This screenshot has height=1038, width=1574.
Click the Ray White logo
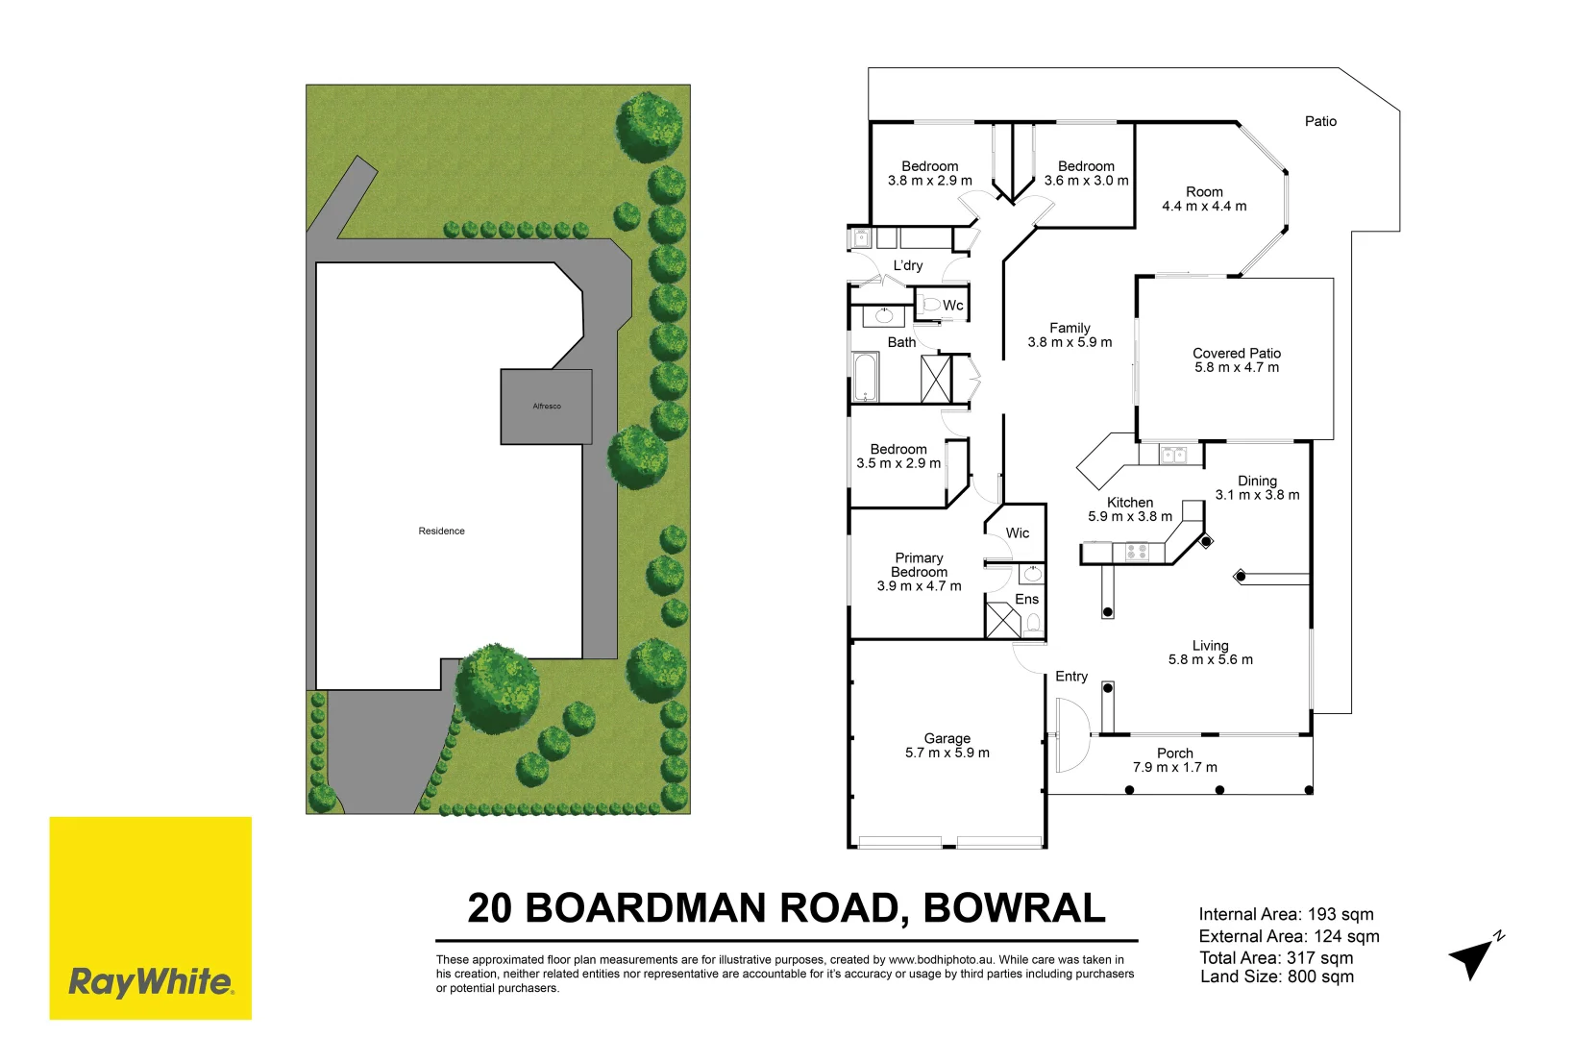tap(150, 981)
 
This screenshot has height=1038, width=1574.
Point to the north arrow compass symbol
tap(1472, 956)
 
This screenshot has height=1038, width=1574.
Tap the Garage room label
tap(947, 738)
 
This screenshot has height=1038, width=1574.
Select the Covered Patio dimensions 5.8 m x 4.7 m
tap(1237, 368)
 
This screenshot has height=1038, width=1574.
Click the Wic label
tap(1017, 533)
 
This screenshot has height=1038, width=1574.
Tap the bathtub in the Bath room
tap(865, 378)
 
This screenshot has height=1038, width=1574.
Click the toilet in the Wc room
tap(930, 306)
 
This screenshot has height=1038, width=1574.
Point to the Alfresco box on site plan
tap(546, 407)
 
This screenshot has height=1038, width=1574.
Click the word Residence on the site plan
tap(441, 531)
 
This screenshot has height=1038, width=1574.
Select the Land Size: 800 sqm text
tap(1277, 977)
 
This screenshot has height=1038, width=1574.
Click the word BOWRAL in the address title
tap(1014, 908)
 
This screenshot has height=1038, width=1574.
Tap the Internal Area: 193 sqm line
tap(1286, 915)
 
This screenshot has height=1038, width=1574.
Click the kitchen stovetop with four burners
tap(1137, 552)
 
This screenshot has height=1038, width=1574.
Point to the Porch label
tap(1174, 754)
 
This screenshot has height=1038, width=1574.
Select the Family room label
tap(1070, 328)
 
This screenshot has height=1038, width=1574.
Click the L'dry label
tap(907, 266)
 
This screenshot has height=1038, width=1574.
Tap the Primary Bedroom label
tap(919, 565)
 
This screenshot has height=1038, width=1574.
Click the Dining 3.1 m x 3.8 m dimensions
tap(1257, 495)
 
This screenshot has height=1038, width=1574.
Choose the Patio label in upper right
tap(1320, 121)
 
